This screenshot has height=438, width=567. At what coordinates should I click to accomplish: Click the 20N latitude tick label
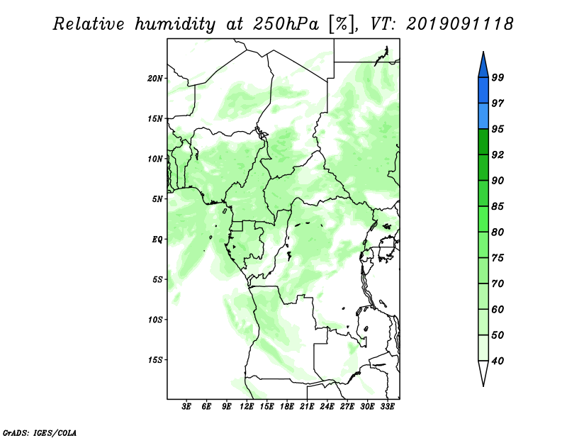[155, 78]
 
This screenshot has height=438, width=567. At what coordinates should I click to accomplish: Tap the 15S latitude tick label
[155, 359]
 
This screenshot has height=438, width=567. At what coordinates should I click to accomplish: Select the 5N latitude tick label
[157, 199]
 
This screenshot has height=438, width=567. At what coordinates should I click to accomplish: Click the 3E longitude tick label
[187, 408]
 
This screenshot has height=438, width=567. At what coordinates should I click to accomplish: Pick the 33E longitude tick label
[387, 408]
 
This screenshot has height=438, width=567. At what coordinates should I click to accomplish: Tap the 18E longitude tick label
[287, 408]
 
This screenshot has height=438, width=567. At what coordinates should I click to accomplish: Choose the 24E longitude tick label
[327, 408]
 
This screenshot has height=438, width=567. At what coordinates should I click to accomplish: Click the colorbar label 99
[498, 77]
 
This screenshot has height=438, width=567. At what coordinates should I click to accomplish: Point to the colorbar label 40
[498, 361]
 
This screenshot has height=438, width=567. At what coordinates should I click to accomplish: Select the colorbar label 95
[498, 129]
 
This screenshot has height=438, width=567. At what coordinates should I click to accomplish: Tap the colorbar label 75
[498, 258]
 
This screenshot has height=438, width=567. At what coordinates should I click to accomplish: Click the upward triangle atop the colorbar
[483, 63]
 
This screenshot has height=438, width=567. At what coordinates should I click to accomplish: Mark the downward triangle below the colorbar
[483, 374]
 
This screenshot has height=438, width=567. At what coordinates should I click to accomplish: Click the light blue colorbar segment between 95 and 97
[483, 116]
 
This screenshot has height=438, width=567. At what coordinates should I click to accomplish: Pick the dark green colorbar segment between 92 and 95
[483, 142]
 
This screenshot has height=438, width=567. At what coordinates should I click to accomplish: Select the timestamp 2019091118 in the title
[460, 24]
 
